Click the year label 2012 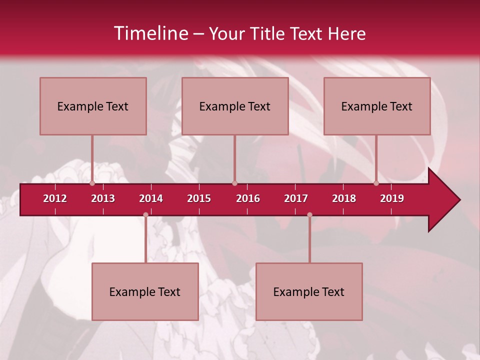(55, 198)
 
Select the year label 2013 (103, 198)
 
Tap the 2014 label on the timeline (151, 198)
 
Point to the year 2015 (199, 198)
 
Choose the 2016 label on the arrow (248, 198)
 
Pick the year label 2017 (296, 198)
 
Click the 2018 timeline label (344, 198)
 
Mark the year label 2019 (392, 198)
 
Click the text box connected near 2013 (93, 106)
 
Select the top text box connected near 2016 (235, 106)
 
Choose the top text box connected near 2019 (377, 106)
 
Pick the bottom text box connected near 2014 (145, 291)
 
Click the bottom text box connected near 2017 (309, 291)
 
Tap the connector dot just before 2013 (92, 183)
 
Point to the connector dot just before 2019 (376, 183)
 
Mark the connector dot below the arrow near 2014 (145, 215)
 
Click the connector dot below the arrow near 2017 (309, 215)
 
